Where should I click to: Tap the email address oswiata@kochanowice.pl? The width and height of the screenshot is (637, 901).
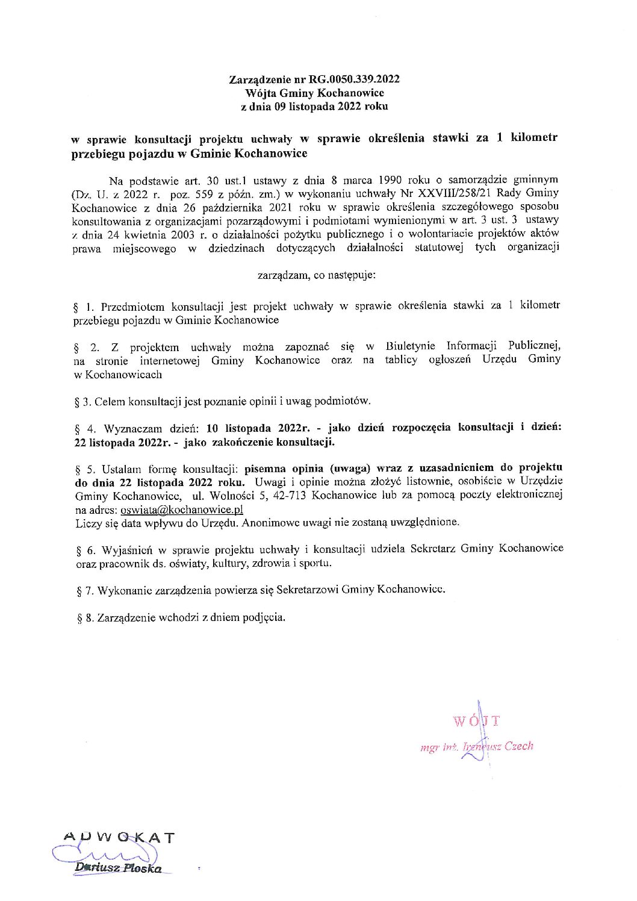[182, 509]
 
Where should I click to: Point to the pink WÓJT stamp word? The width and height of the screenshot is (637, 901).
[477, 721]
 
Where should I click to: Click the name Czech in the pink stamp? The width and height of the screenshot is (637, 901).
[519, 746]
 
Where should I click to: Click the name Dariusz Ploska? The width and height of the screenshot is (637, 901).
[118, 868]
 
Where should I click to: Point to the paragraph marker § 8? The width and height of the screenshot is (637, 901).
[84, 618]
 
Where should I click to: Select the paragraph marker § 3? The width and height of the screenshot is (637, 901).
[83, 401]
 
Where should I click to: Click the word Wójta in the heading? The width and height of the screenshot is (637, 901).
[259, 93]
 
